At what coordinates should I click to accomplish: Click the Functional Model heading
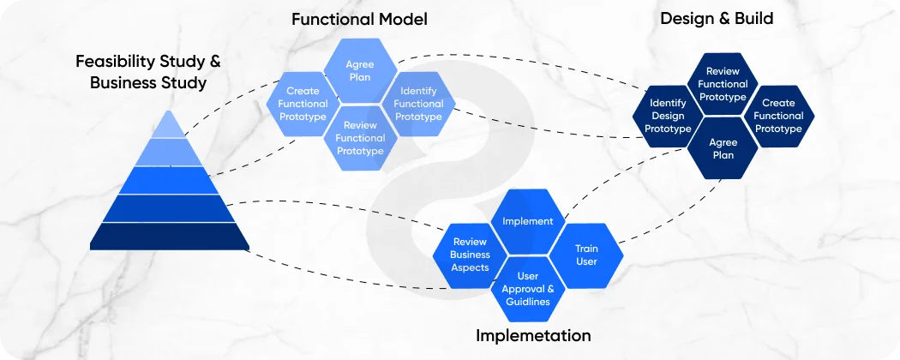[359, 19]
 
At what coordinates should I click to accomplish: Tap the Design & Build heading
[717, 18]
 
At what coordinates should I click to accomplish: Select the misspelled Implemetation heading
[533, 335]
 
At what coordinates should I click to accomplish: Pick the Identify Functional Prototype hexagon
[418, 104]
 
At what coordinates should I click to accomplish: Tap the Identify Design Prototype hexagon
[668, 117]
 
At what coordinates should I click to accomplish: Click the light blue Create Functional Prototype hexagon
[303, 104]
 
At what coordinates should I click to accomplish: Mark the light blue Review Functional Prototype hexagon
[360, 138]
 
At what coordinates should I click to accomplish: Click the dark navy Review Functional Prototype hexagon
[723, 84]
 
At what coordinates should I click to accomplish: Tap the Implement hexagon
[527, 221]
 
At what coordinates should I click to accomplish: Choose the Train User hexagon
[586, 255]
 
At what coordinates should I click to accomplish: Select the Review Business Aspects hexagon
[470, 255]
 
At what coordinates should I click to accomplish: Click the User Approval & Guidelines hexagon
[528, 288]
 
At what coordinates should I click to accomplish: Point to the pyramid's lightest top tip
[170, 127]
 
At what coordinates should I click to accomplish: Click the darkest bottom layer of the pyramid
[170, 237]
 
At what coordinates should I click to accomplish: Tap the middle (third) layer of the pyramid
[170, 180]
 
